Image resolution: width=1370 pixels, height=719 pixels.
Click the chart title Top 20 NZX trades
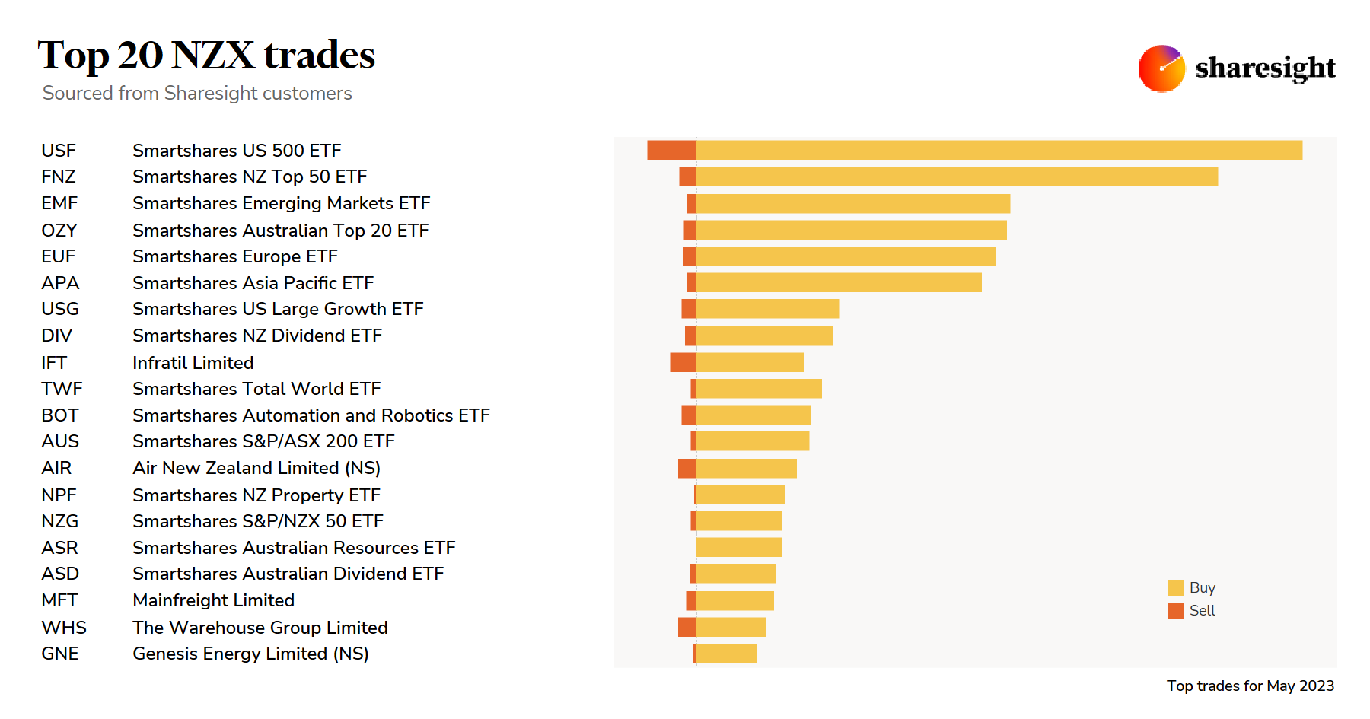pos(206,56)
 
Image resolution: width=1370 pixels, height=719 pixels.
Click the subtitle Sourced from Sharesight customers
pos(197,93)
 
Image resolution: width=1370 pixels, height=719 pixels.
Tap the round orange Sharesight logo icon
pos(1161,68)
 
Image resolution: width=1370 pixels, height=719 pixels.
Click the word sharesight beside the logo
pos(1265,68)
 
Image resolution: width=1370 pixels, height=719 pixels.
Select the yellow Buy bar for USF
pos(999,150)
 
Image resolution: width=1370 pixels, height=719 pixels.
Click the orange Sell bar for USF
pos(671,150)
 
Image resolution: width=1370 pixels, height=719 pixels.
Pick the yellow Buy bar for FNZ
pos(957,177)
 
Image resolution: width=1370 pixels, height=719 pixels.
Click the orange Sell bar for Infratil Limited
pos(683,362)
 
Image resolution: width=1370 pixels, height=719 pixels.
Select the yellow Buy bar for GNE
pos(726,654)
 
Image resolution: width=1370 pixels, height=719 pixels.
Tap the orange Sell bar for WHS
pos(687,627)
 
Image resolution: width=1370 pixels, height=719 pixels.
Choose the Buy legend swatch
pos(1176,587)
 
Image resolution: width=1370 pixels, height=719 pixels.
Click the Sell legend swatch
pos(1176,610)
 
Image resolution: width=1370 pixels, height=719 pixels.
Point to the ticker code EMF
pos(59,203)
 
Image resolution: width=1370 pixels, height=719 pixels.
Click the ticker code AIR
pos(56,468)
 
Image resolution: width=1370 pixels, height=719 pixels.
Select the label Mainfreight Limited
pos(213,600)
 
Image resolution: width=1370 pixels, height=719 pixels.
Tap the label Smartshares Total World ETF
pos(256,389)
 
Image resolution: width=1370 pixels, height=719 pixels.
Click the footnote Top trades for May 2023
pos(1250,686)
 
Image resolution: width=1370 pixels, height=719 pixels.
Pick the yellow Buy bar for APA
pos(839,282)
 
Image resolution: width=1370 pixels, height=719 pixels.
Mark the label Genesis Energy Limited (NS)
pos(250,654)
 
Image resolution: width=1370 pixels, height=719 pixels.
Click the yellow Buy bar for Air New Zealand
pos(746,468)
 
